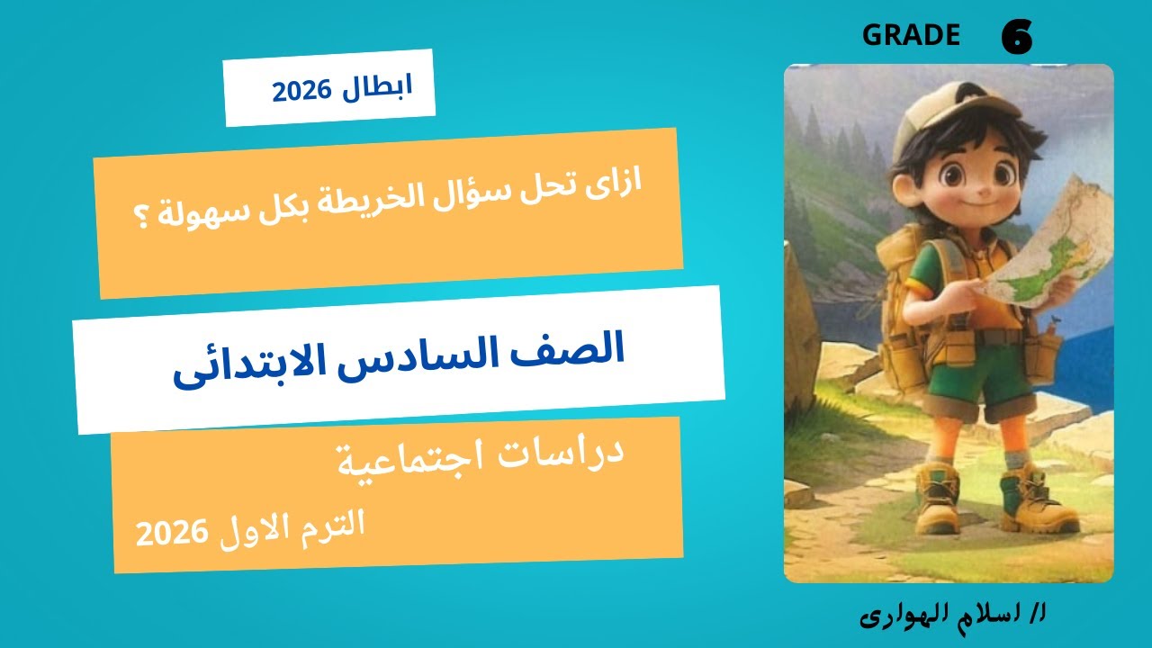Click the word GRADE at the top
911,35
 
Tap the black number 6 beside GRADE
1016,38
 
